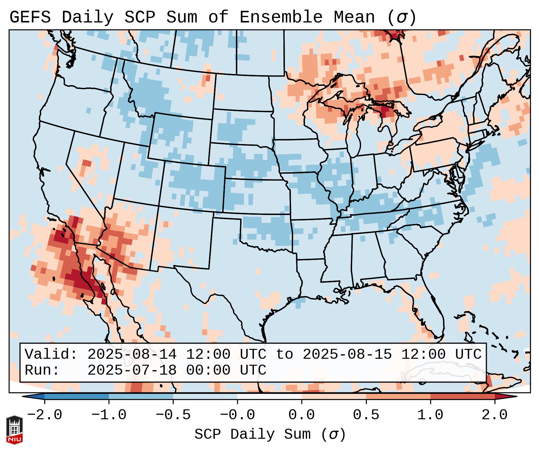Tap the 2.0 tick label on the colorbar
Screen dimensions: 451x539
[494, 415]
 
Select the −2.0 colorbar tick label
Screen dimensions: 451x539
[45, 415]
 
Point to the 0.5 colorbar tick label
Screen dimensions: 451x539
[366, 415]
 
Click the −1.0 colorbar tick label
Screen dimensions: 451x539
[109, 415]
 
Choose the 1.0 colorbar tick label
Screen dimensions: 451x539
[430, 415]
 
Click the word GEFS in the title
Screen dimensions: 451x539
[30, 17]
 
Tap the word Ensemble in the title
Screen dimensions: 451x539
[281, 17]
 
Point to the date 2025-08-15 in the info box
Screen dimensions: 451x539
[347, 354]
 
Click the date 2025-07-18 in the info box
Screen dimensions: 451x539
[132, 370]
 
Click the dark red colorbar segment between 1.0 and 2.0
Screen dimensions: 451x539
[462, 396]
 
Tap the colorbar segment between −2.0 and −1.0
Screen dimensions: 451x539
[77, 396]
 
